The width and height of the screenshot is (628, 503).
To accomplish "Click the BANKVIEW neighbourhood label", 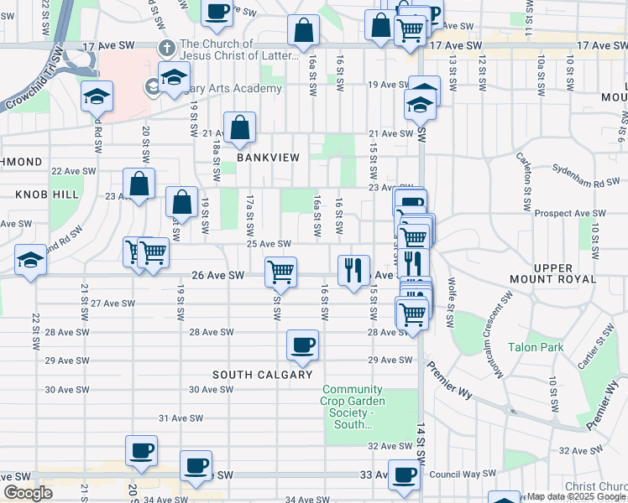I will pyautogui.click(x=268, y=158).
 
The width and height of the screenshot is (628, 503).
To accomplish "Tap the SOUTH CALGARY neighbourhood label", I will pyautogui.click(x=262, y=375).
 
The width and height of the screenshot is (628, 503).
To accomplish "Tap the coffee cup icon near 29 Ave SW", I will pyautogui.click(x=302, y=344).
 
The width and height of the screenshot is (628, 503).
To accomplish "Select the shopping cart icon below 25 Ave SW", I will pyautogui.click(x=280, y=271).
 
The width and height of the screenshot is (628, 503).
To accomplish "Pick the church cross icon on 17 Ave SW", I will pyautogui.click(x=168, y=48).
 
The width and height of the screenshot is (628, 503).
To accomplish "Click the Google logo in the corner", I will pyautogui.click(x=29, y=493).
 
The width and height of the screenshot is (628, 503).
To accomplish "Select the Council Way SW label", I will pyautogui.click(x=462, y=474).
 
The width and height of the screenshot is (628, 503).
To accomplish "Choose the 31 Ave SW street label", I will pyautogui.click(x=176, y=417).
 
